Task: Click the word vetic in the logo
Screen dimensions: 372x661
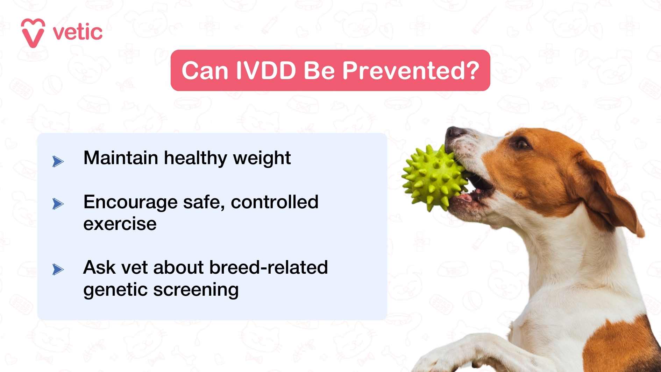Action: tap(78, 33)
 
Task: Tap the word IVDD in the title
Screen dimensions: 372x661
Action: tap(266, 71)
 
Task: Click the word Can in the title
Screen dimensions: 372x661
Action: tap(205, 71)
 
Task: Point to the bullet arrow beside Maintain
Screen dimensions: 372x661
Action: tap(58, 161)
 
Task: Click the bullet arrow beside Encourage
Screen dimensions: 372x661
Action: tap(58, 204)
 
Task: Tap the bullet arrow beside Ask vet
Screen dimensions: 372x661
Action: tap(58, 269)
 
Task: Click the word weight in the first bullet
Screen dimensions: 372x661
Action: tap(262, 158)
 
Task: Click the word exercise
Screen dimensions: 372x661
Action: tap(120, 224)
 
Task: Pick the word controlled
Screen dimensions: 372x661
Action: tap(275, 202)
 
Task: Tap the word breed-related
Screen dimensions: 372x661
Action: tap(268, 268)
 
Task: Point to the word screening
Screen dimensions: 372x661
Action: tap(196, 290)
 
